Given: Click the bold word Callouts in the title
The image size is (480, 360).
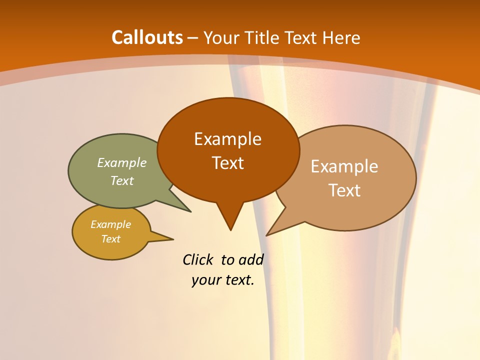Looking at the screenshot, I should (147, 37).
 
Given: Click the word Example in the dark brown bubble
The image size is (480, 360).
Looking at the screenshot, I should (227, 139).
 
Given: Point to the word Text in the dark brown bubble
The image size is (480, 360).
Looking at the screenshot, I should (227, 163).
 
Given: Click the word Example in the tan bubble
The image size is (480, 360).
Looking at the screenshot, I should (344, 166).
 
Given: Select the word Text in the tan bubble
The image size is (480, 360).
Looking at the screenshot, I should (344, 190).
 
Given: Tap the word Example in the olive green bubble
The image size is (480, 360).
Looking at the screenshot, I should (122, 163).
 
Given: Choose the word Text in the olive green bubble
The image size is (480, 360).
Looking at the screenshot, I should (122, 181).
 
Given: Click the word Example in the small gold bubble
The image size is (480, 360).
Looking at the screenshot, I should (110, 224).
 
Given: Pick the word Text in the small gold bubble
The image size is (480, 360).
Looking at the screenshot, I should (110, 239).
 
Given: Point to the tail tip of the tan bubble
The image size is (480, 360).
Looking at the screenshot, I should (267, 234).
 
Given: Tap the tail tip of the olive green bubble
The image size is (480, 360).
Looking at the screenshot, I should (190, 211).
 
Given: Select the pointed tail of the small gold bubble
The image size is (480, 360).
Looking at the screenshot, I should (171, 238).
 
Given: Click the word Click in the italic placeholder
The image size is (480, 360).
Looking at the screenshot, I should (198, 260).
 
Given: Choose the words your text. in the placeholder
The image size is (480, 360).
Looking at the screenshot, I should (223, 280).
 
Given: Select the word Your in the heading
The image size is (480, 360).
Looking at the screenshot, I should (220, 37).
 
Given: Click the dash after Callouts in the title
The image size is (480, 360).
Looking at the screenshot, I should (193, 38).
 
